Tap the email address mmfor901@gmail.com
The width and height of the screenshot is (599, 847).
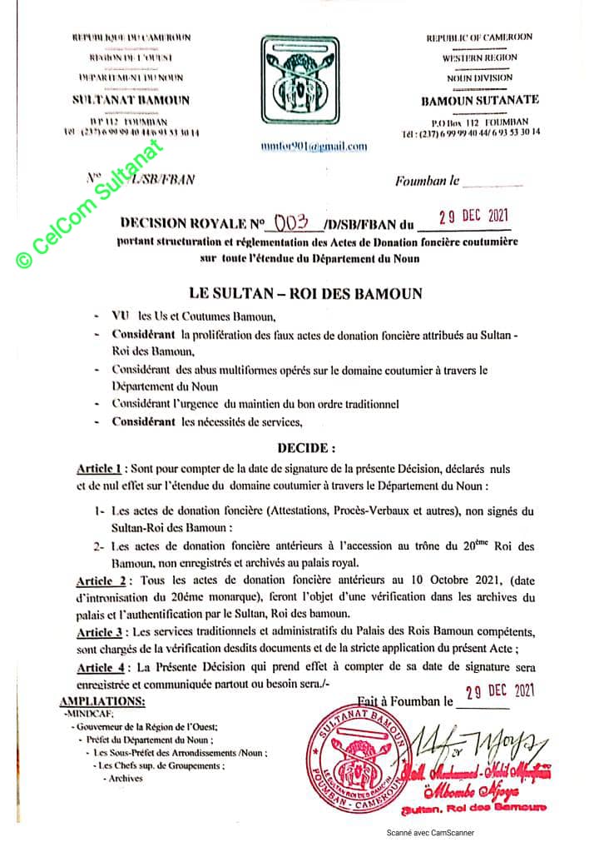tap(313, 146)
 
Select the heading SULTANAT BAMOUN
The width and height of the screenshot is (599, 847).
tap(130, 100)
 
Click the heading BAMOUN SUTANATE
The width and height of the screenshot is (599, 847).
tap(479, 99)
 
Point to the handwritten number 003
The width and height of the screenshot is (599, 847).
tap(291, 222)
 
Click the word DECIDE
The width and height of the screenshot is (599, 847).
tap(306, 447)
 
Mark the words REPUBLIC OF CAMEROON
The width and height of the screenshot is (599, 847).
tap(479, 37)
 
